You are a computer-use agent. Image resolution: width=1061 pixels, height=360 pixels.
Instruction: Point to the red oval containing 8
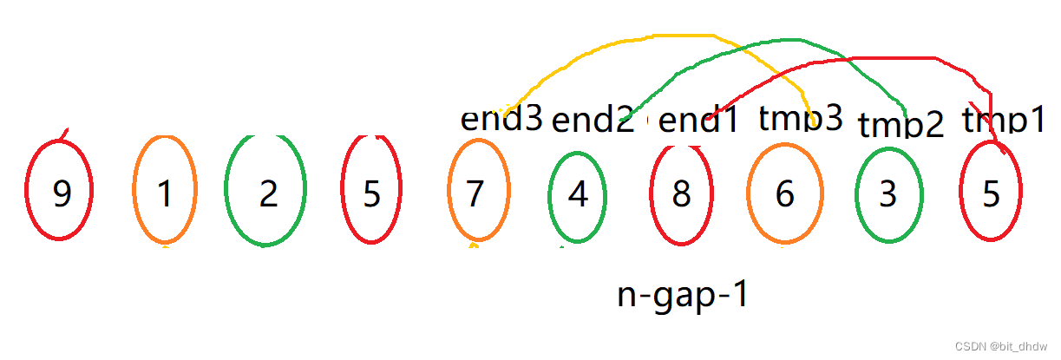681,195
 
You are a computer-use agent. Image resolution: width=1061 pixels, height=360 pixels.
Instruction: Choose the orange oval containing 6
784,195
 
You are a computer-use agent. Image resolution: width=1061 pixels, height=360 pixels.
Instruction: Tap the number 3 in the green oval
887,195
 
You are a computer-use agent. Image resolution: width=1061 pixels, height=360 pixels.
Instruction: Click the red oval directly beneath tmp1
991,195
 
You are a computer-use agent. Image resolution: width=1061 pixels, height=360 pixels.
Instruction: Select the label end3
501,119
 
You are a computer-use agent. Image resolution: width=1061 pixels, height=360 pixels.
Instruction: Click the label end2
593,121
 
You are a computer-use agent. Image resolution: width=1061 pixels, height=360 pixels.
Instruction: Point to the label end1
698,121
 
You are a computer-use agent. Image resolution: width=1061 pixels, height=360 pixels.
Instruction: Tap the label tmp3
801,118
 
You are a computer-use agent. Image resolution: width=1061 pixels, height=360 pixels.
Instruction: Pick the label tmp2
901,125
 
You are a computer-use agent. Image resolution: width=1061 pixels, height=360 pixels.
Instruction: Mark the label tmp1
1004,121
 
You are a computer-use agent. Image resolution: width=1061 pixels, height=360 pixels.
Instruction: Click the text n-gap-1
683,295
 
